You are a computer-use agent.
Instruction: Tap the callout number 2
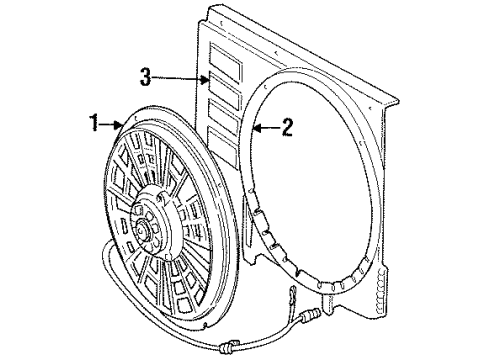click(287, 126)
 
